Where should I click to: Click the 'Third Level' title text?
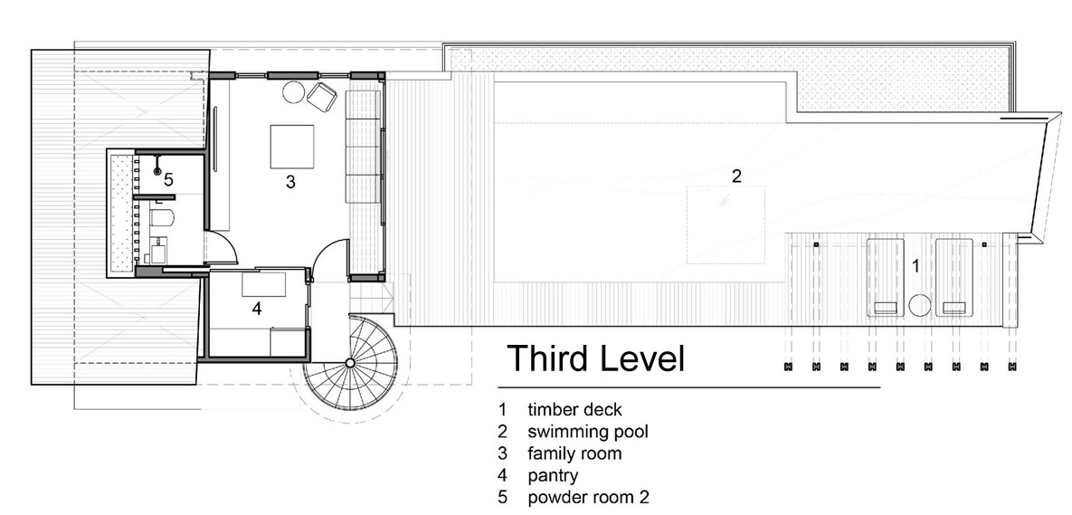click(595, 358)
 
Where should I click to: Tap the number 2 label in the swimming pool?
click(736, 176)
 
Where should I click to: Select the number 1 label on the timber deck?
click(916, 267)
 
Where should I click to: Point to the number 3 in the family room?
click(290, 182)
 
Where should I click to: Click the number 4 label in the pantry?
click(256, 309)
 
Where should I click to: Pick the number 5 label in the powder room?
click(169, 180)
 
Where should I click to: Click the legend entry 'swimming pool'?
click(587, 433)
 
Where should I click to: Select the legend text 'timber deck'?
click(574, 410)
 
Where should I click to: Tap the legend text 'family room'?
click(574, 453)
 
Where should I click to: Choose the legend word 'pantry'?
click(553, 475)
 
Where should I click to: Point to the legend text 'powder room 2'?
click(588, 497)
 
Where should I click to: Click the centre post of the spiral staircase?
click(350, 362)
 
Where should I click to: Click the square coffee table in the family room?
click(292, 146)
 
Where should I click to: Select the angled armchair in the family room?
click(322, 96)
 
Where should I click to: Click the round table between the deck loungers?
click(919, 305)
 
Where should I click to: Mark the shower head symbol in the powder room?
click(157, 172)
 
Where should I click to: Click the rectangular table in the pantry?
click(264, 284)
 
